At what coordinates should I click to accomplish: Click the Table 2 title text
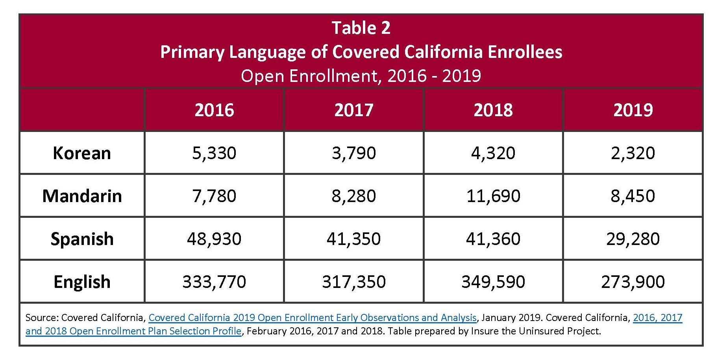361,28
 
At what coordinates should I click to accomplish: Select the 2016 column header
214,110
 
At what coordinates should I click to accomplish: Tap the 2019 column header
633,110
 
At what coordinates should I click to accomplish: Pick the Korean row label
82,153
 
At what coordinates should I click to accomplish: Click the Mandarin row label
82,196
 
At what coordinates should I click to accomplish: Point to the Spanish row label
82,239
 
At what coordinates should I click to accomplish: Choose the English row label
82,282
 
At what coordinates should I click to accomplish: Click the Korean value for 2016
214,153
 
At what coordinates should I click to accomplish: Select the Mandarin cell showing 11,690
493,196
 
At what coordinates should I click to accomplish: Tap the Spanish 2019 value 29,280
633,239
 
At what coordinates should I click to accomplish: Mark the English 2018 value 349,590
493,282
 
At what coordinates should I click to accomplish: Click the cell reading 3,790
353,153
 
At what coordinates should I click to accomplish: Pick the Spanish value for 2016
214,239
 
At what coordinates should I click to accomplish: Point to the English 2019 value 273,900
633,282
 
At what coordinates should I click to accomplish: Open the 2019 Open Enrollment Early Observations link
313,318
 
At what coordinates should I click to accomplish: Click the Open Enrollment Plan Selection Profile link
134,331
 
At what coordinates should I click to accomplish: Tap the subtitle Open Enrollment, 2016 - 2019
361,76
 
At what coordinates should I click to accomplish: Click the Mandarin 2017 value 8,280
353,196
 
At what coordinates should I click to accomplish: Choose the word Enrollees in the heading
525,52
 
